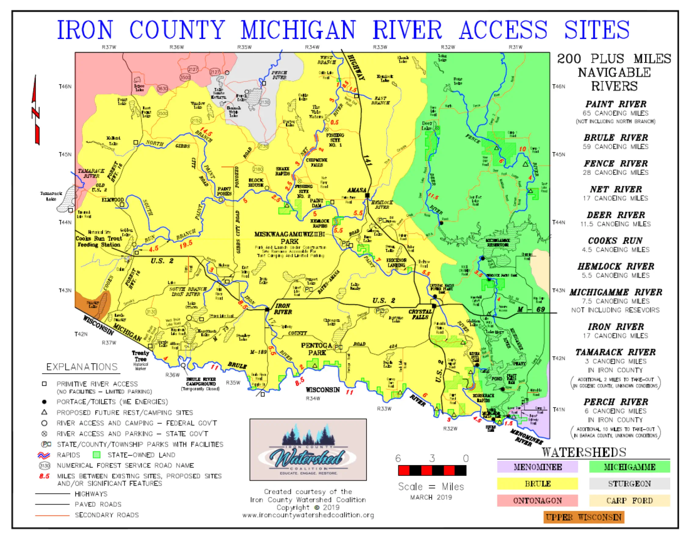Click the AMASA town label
pyautogui.click(x=356, y=190)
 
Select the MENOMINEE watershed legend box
pyautogui.click(x=537, y=467)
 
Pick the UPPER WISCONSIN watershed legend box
pyautogui.click(x=583, y=517)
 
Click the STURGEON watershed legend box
pyautogui.click(x=629, y=484)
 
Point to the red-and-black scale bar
pyautogui.click(x=432, y=470)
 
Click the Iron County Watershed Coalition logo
pyautogui.click(x=308, y=450)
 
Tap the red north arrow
pyautogui.click(x=36, y=110)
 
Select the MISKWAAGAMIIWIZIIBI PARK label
pyautogui.click(x=289, y=238)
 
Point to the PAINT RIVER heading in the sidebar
pyautogui.click(x=615, y=104)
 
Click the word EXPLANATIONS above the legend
pyautogui.click(x=82, y=367)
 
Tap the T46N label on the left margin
pyautogui.click(x=65, y=87)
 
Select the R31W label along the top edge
pyautogui.click(x=515, y=47)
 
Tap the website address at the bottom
pyautogui.click(x=308, y=515)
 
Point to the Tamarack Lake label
pyautogui.click(x=51, y=196)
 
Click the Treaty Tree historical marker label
pyautogui.click(x=140, y=356)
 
